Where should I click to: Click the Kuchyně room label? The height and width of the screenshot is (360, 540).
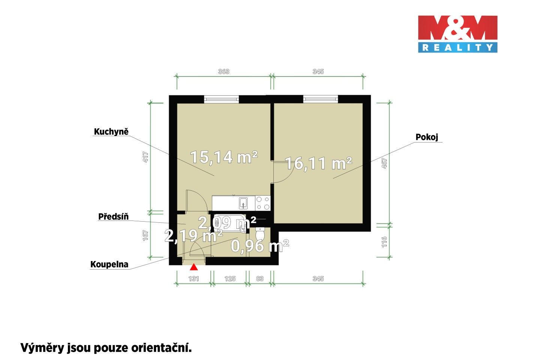tap(111, 132)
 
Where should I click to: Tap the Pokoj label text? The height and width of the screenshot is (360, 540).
tap(427, 137)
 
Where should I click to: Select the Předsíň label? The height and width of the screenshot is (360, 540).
tap(113, 217)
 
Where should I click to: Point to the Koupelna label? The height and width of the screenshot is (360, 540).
tap(109, 264)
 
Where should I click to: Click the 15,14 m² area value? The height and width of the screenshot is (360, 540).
tap(224, 157)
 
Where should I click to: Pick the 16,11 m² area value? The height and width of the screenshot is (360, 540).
tap(319, 163)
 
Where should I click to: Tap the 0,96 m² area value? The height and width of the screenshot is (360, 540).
tap(259, 246)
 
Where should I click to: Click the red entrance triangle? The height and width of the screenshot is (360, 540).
tap(193, 267)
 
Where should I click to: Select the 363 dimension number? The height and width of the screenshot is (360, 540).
tap(223, 71)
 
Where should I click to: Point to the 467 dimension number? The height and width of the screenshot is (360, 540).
tap(384, 163)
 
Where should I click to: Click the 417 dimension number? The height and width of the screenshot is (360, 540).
tap(145, 156)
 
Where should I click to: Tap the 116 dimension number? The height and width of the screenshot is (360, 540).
tap(384, 242)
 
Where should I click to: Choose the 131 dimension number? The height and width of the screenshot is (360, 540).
tap(193, 279)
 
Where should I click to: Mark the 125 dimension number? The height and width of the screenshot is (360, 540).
tap(230, 279)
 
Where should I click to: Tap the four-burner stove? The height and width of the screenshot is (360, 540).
tap(263, 203)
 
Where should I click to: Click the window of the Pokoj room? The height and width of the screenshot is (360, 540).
tap(320, 99)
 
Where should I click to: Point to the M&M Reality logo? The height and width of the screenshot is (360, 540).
tap(457, 34)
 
